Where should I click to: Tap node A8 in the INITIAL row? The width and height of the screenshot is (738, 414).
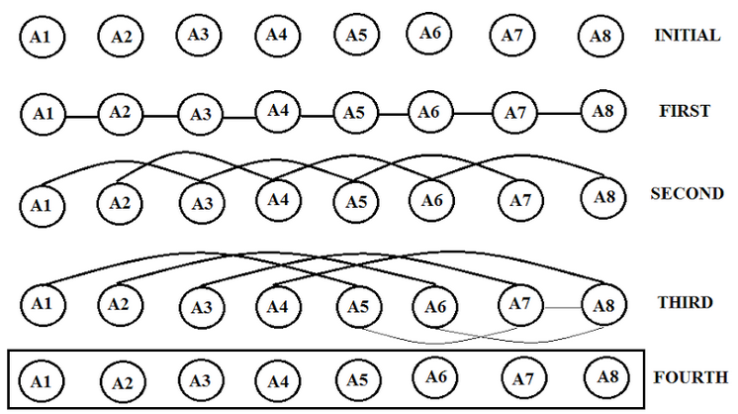600,37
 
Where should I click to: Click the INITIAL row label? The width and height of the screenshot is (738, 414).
687,36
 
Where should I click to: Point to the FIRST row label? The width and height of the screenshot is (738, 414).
684,111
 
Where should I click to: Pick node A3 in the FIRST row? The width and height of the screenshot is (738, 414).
201,114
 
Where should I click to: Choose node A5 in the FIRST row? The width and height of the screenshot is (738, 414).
355,112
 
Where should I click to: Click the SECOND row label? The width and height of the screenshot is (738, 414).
687,193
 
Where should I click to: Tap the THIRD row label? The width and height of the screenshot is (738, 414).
684,302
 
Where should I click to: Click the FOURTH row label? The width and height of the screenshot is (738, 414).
691,377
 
